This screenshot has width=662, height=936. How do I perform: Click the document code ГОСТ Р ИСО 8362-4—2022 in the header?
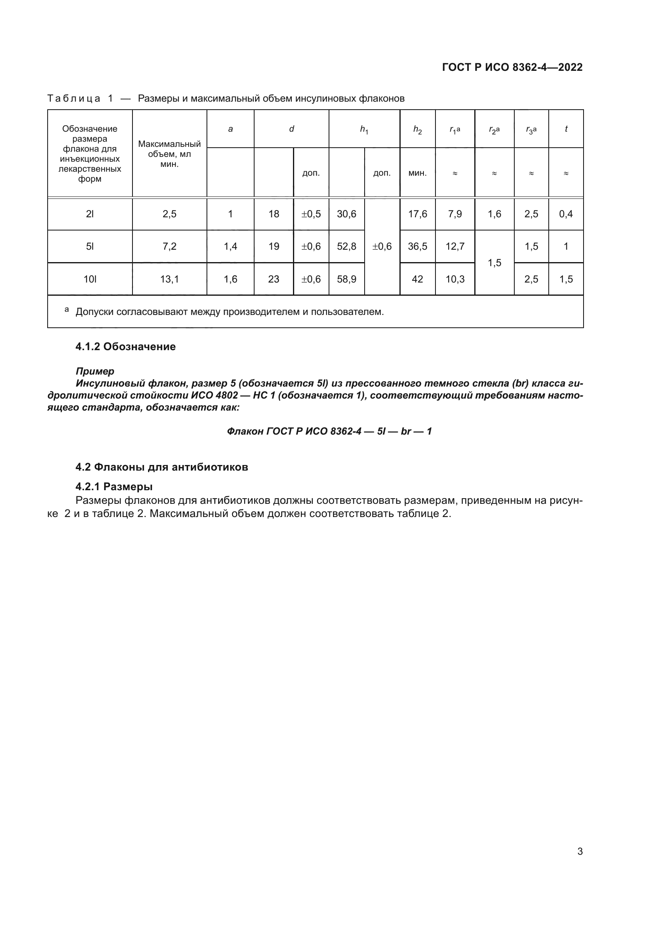point(512,67)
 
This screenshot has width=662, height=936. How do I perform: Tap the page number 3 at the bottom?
point(580,851)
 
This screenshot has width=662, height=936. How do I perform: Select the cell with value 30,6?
point(347,214)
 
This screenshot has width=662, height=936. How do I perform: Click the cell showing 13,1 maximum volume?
point(169,279)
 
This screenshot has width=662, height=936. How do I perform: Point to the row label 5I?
point(90,247)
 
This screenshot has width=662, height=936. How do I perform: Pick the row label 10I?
point(90,279)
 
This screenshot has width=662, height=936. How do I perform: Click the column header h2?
point(417,130)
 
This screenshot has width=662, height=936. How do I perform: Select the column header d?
point(291,129)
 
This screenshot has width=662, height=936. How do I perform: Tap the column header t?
point(566,129)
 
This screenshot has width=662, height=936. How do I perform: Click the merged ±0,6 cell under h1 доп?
point(382,247)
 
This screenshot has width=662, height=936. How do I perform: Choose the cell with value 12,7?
point(455,247)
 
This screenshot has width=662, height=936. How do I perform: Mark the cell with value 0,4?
point(566,214)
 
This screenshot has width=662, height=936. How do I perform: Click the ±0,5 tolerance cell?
point(311,214)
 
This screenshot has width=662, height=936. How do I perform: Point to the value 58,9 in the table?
point(347,279)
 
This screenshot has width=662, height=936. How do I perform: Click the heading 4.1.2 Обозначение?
point(126,347)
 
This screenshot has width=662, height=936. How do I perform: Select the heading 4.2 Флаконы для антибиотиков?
point(162,467)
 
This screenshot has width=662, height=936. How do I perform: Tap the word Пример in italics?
point(95,371)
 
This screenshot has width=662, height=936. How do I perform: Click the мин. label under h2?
point(417,173)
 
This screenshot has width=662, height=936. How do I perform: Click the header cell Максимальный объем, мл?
point(169,154)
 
